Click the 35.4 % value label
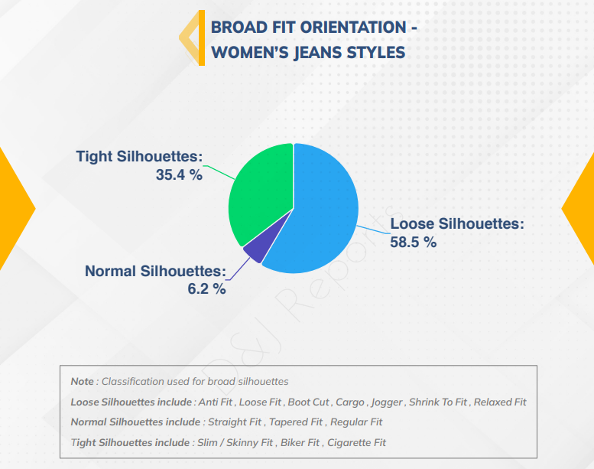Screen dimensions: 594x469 179,174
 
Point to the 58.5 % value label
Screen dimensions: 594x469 414,243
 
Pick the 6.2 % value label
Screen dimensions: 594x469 207,289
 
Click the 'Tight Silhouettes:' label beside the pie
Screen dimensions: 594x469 139,156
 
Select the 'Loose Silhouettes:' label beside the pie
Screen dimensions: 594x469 457,223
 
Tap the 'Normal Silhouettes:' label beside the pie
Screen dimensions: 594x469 155,271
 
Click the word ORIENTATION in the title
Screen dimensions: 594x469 352,28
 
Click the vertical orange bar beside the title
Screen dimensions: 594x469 202,38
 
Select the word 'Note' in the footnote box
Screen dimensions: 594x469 83,382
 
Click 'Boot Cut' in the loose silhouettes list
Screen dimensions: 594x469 308,402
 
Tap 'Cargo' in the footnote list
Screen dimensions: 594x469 350,402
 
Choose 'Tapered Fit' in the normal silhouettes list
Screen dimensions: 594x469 296,422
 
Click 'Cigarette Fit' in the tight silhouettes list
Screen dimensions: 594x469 356,442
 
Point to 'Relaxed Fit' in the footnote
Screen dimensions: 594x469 500,402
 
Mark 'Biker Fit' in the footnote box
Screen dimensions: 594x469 300,442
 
